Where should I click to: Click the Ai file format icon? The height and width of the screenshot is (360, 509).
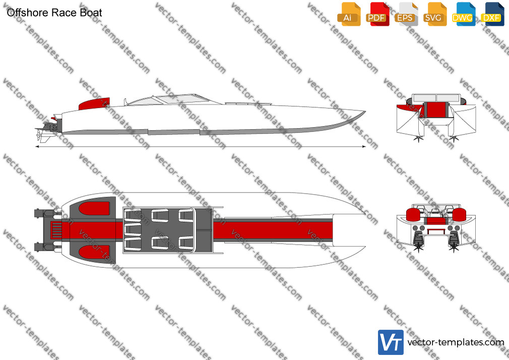point(349,14)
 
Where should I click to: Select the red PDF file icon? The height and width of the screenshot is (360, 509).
point(377,14)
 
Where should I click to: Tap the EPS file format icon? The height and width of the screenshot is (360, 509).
point(406,14)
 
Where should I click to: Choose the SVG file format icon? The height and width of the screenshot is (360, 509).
point(434,14)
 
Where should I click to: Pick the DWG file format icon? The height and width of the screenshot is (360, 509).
point(464,14)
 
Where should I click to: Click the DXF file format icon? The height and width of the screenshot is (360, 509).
point(492,14)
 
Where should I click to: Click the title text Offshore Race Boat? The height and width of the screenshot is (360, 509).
point(54,13)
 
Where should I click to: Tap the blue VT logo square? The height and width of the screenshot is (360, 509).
point(391,342)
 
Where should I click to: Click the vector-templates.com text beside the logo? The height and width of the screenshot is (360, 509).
point(456,342)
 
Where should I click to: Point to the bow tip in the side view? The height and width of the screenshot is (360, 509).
point(365,112)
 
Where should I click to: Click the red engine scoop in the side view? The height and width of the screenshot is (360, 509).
point(94,103)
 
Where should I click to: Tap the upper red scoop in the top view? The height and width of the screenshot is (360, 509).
point(94,208)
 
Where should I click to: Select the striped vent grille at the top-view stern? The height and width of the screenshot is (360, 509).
point(56,230)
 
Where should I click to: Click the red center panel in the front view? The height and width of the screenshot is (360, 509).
point(435,109)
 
